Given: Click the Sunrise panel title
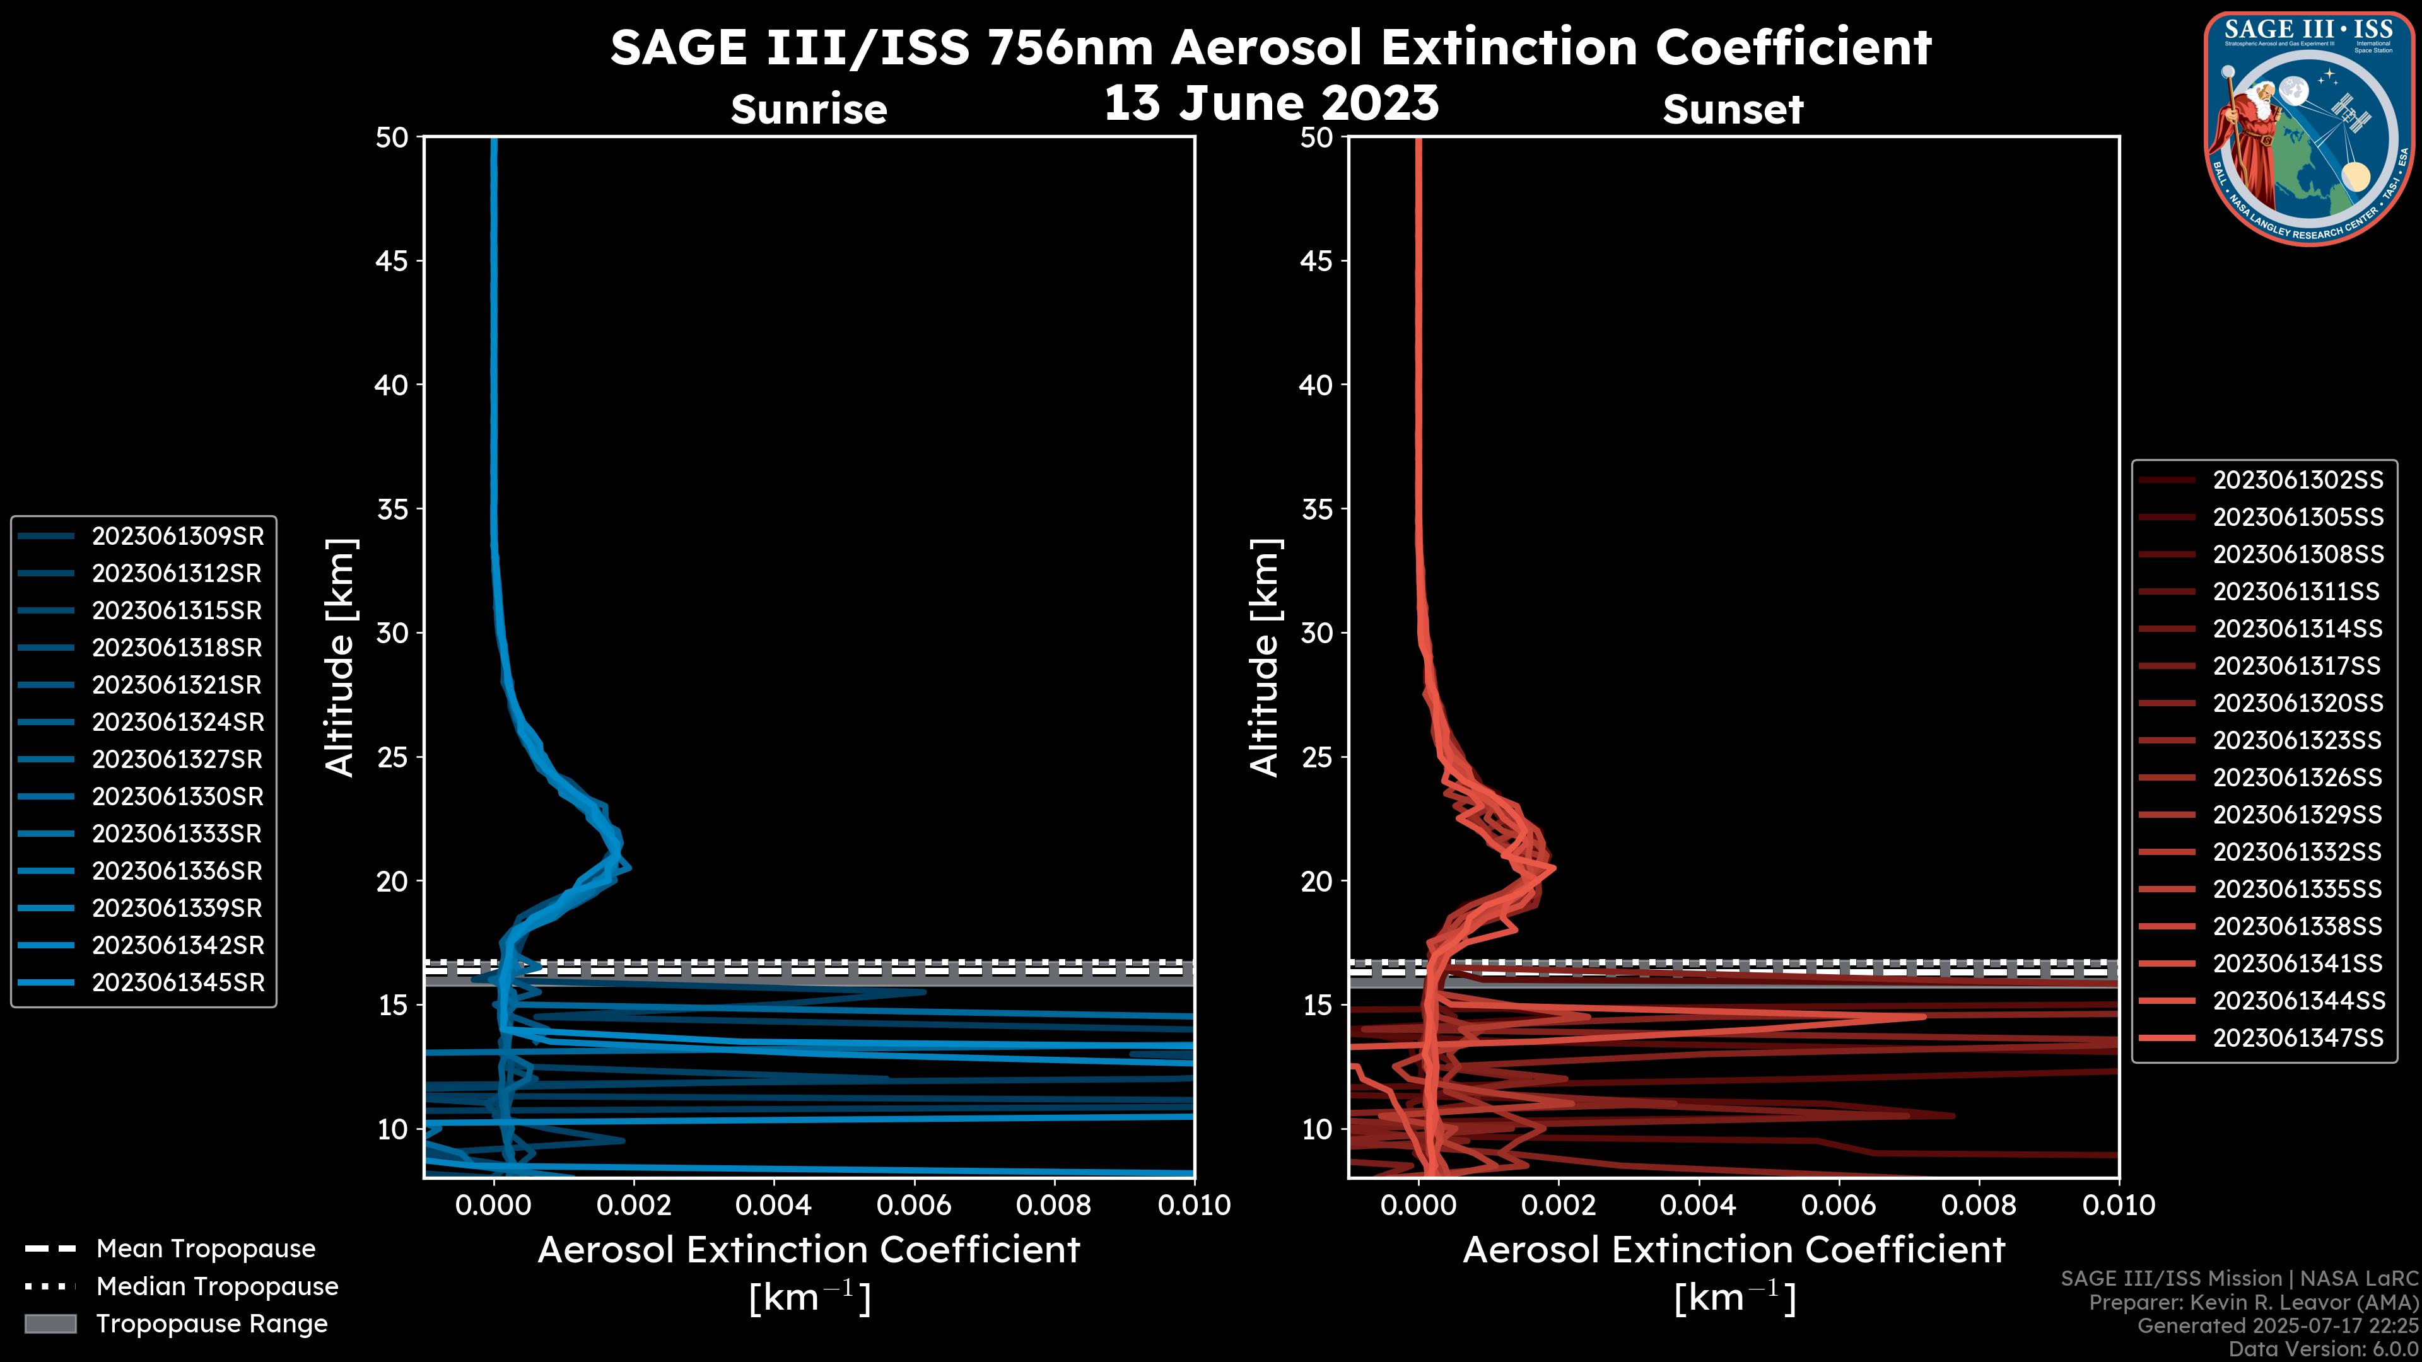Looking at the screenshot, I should click(809, 110).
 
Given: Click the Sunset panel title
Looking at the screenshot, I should click(1732, 110).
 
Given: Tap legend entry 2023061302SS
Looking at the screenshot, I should click(2297, 480).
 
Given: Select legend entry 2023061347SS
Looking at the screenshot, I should click(2297, 1038).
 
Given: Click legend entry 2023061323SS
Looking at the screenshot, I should click(2297, 741).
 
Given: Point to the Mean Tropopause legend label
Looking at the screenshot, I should click(206, 1249).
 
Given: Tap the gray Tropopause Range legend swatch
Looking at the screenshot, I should click(50, 1324).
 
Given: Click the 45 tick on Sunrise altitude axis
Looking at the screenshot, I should click(392, 261).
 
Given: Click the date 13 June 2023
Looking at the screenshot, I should click(1271, 103).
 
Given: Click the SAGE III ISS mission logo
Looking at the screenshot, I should click(2307, 128).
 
